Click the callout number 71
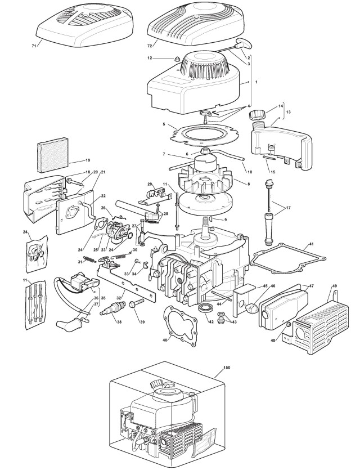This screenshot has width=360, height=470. pos(34,45)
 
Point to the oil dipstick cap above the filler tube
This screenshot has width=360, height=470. pos(269,183)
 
